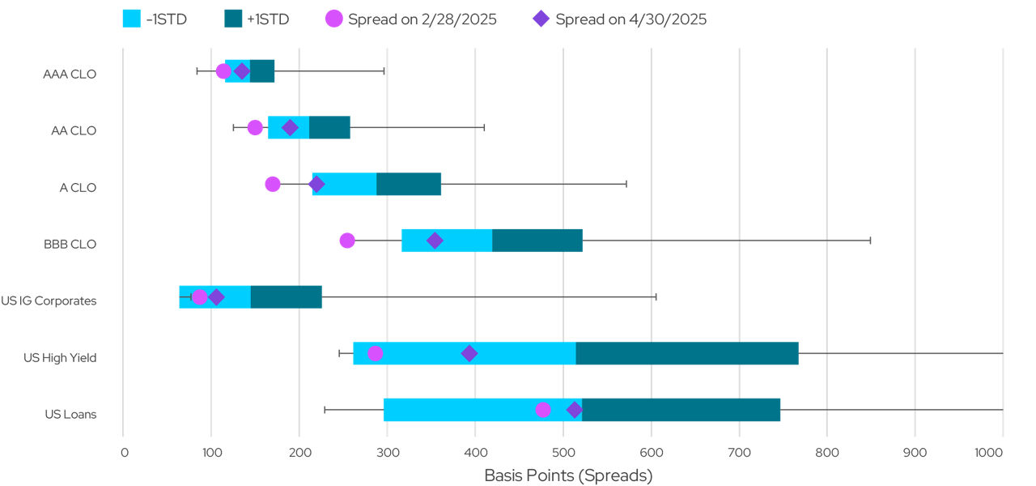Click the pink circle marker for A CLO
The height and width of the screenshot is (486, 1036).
click(273, 184)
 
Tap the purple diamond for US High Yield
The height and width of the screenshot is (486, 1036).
click(469, 353)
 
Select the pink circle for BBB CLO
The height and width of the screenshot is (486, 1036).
click(347, 241)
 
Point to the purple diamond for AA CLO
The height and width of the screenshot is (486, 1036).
click(290, 127)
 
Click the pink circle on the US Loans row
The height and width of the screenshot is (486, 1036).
click(543, 410)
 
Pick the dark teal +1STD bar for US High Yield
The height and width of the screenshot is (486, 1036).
click(687, 353)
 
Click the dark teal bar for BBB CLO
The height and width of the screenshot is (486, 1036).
click(537, 241)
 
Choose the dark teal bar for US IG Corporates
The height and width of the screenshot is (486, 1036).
click(286, 297)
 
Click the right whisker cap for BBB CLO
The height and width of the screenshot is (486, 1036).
click(870, 241)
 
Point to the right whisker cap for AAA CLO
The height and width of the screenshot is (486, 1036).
click(384, 71)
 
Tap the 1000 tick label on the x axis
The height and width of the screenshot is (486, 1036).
click(1000, 454)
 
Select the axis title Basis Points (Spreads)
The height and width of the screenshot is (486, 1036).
click(567, 475)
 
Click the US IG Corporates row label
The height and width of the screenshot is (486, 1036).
click(49, 301)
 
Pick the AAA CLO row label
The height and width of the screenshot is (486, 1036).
click(70, 75)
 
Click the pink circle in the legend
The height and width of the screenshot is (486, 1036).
click(333, 19)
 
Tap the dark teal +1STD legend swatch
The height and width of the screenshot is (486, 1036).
click(234, 19)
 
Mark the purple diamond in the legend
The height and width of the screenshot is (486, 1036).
click(541, 19)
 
